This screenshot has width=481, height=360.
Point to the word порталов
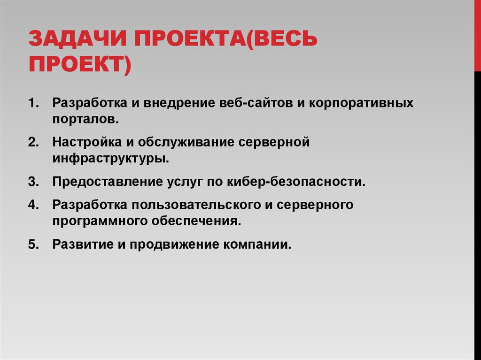[85, 119]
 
